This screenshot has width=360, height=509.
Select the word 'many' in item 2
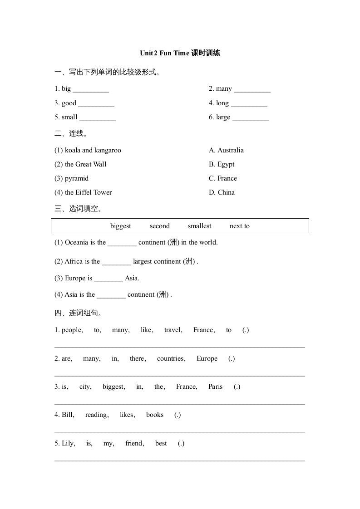(x=224, y=89)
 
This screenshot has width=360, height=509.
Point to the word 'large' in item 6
(x=223, y=117)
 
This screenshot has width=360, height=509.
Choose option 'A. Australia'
(x=226, y=150)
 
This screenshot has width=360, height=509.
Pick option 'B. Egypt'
(x=222, y=164)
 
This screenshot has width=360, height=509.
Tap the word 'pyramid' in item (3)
(x=77, y=179)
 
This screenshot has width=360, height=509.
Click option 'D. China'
(x=222, y=192)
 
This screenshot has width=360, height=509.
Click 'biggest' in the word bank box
(x=120, y=226)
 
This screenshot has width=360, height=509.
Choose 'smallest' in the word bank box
(x=199, y=226)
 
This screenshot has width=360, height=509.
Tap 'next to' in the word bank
(x=240, y=226)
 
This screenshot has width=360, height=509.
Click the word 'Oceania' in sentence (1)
(x=79, y=242)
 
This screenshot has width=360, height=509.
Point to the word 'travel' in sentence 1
(x=173, y=330)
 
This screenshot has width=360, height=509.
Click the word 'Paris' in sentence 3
(x=215, y=387)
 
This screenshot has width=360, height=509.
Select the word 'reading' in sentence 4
(x=97, y=415)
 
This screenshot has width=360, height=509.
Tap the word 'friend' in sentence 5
(x=135, y=443)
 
